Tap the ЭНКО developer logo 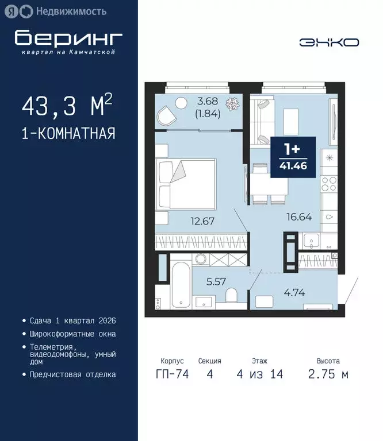pos(329,42)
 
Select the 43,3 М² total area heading pos(67,107)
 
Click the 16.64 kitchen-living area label pos(300,216)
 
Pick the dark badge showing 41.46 pos(293,158)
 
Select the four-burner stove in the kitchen pos(329,184)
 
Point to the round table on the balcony pos(182,103)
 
